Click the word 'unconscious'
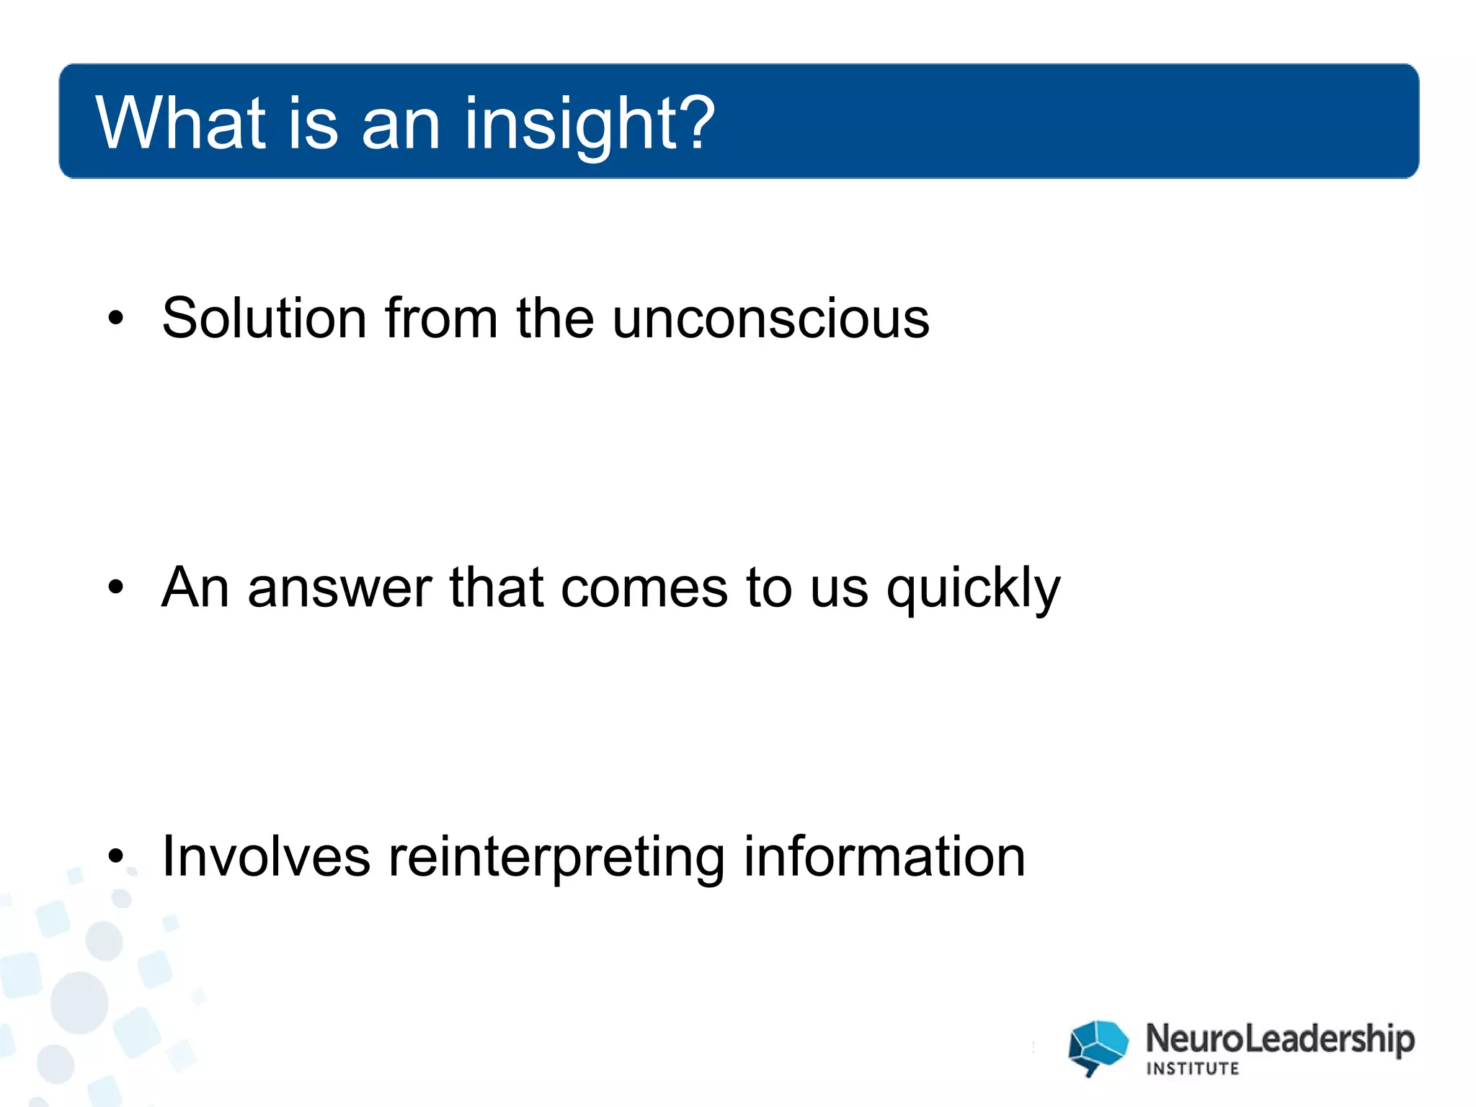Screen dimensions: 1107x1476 click(x=770, y=319)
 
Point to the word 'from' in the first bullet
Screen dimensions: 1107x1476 click(x=441, y=318)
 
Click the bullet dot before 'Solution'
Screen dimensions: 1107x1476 click(x=116, y=318)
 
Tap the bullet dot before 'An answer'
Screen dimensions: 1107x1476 click(x=116, y=587)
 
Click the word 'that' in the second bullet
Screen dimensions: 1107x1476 click(x=496, y=587)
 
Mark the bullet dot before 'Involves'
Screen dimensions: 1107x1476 click(x=116, y=857)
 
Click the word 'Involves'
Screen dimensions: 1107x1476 click(x=266, y=857)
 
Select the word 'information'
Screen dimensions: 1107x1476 click(x=884, y=857)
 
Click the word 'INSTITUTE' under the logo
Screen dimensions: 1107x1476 click(x=1192, y=1069)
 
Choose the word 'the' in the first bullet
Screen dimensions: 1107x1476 click(x=554, y=318)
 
